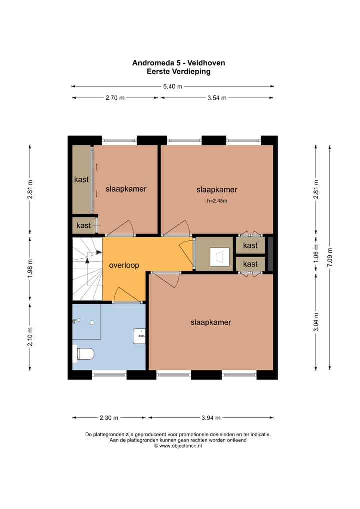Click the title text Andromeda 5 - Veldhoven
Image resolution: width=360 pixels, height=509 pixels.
(178, 63)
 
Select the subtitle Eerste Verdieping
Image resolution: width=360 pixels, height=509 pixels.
(178, 71)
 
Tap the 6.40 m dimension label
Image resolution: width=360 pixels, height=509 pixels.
(173, 86)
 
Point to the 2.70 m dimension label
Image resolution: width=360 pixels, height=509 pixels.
(115, 98)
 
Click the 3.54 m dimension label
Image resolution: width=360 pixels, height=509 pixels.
(217, 98)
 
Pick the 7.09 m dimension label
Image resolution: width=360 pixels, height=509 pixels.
(330, 258)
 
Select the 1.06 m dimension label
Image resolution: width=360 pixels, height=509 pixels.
(316, 253)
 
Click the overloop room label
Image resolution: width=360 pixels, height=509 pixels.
(124, 265)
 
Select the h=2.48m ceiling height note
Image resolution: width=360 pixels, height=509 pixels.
(217, 201)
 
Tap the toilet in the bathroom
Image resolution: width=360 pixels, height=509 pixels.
(85, 354)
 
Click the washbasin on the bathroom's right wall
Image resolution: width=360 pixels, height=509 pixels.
(140, 336)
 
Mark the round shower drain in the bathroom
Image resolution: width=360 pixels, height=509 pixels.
(92, 323)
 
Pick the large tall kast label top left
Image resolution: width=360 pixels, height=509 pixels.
(81, 179)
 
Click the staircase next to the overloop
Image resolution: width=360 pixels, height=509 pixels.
(87, 269)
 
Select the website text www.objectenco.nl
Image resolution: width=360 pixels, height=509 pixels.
(180, 445)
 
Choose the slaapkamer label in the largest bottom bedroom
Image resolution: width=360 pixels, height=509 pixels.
(211, 322)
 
